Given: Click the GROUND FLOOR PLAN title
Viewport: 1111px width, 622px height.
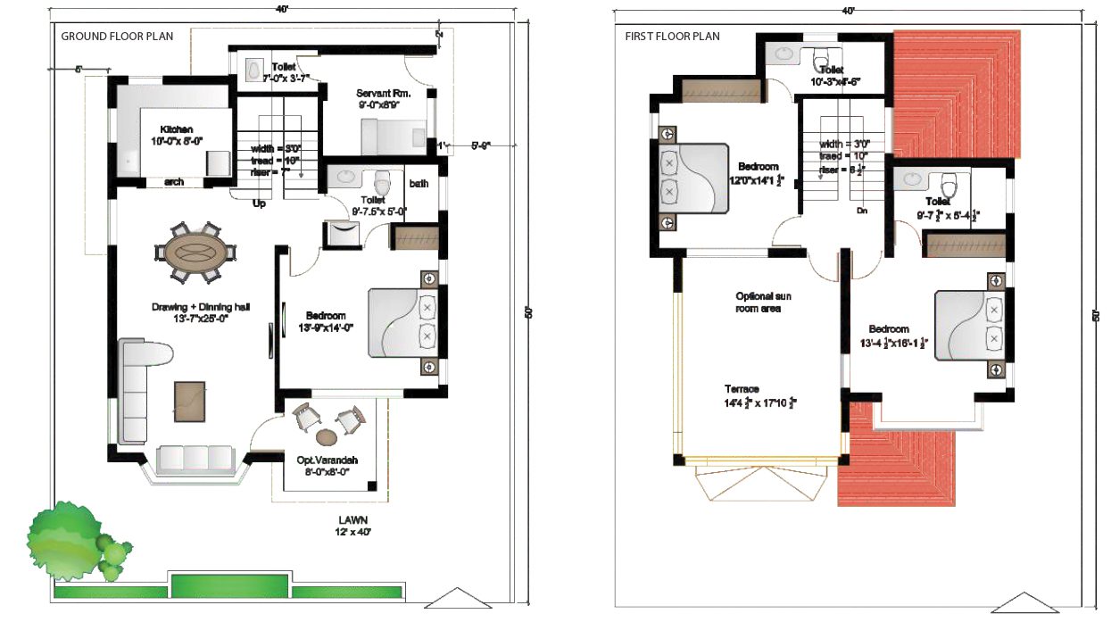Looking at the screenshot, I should tap(117, 37).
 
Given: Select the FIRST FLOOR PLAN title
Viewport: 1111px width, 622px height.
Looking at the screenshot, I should tap(671, 37).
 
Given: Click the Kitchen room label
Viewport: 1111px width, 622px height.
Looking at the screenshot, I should tap(177, 129).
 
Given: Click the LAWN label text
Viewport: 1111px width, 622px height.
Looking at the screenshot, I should tap(353, 519).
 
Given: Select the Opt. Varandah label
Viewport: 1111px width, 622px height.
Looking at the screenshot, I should tap(327, 460).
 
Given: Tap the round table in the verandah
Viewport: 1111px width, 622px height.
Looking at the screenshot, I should tap(327, 437).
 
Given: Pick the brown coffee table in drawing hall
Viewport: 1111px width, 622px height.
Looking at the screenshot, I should tap(189, 401).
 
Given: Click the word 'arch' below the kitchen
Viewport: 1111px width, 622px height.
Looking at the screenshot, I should tap(174, 182).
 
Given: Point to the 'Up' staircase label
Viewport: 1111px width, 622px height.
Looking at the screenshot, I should tap(260, 203).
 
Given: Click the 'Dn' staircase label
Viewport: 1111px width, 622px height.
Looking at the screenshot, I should tap(861, 211).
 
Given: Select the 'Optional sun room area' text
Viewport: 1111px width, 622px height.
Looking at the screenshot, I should tap(763, 302).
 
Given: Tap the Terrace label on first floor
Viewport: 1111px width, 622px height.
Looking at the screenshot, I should tap(742, 389).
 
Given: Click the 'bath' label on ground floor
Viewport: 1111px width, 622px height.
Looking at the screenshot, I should tap(419, 184).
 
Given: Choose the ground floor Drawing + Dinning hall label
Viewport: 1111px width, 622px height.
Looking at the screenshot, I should tap(200, 307).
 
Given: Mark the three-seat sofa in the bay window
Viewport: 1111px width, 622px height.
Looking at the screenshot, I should tap(195, 459).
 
